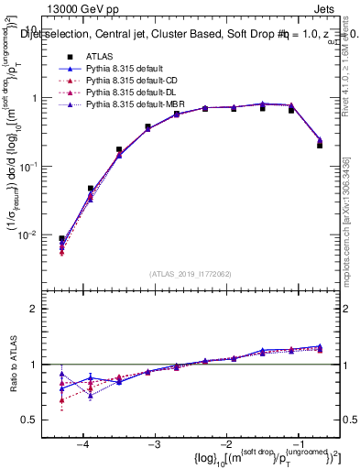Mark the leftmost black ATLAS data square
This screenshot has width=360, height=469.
(61, 238)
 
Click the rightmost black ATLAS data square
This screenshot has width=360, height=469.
(320, 145)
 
